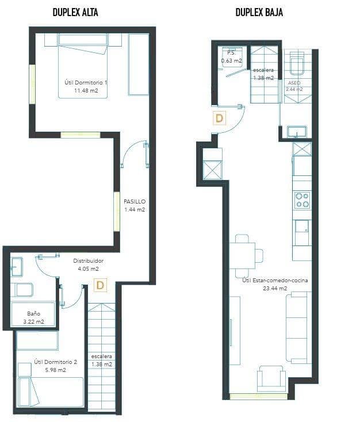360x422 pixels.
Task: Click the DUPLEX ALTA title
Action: pos(75,12)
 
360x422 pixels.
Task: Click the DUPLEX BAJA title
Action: pos(259,12)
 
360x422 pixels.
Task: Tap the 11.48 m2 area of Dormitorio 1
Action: pos(86,91)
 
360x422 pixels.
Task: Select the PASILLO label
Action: pos(135,202)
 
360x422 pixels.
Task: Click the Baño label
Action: pos(33,314)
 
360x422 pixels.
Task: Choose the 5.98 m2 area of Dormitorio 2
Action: pos(55,370)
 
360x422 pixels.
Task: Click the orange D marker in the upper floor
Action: pos(100,285)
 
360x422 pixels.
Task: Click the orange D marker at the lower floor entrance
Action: pos(219,118)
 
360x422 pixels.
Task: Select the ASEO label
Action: pos(294,83)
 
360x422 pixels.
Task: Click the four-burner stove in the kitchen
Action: pos(302,200)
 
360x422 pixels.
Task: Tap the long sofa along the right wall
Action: pos(298,327)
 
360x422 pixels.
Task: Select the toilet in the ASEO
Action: pos(297,64)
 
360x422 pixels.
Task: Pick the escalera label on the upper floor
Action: pos(101,356)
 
